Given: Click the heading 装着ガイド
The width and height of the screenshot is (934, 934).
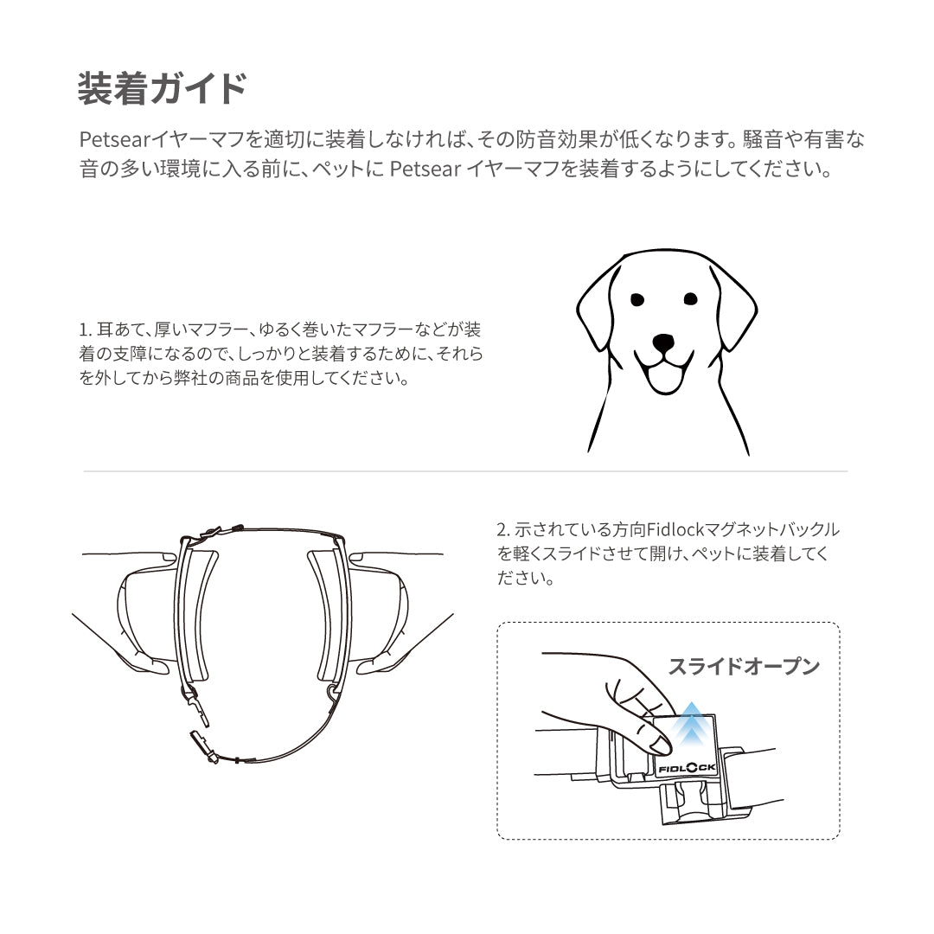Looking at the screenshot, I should (162, 90).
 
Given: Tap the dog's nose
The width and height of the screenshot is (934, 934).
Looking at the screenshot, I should (663, 342).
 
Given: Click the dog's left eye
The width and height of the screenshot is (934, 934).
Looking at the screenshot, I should (637, 300).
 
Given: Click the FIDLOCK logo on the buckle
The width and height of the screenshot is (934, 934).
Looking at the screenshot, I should (687, 766).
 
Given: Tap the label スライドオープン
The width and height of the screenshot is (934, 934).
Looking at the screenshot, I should (743, 667).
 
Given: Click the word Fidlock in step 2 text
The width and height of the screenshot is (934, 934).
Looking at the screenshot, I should (675, 529).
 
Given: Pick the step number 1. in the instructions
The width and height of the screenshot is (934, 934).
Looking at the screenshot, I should (85, 330).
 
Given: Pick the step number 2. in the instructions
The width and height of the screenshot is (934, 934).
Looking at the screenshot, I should (502, 529).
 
